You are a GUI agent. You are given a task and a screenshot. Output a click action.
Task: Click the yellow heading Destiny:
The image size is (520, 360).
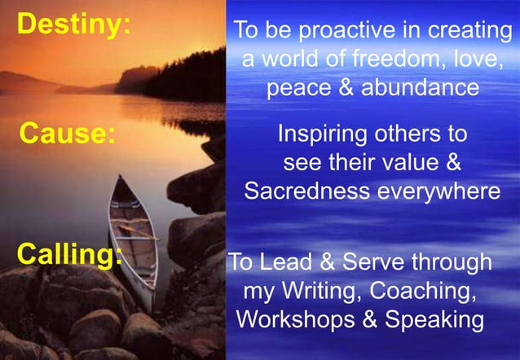click(74, 24)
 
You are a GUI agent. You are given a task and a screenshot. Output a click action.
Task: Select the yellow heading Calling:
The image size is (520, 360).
click(70, 255)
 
